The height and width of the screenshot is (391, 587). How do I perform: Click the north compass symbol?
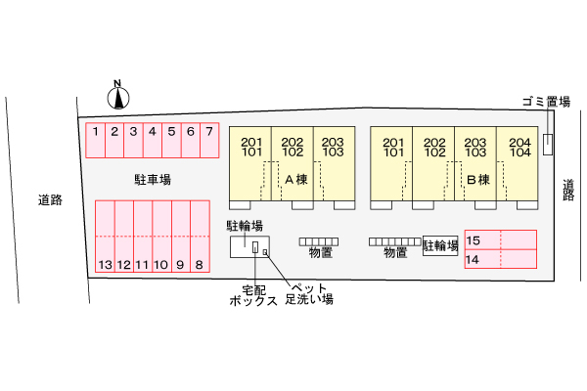pyautogui.click(x=117, y=96)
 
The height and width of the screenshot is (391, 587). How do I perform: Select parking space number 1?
pyautogui.click(x=96, y=141)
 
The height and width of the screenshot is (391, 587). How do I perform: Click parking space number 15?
pyautogui.click(x=500, y=240)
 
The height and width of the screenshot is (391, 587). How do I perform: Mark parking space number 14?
pyautogui.click(x=500, y=259)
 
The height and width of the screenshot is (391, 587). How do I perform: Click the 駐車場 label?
pyautogui.click(x=153, y=180)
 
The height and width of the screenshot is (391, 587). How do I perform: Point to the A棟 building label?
pyautogui.click(x=296, y=180)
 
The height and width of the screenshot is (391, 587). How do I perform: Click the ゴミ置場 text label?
pyautogui.click(x=546, y=101)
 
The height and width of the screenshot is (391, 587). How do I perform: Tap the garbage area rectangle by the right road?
pyautogui.click(x=548, y=143)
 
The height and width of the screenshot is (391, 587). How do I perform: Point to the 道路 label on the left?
pyautogui.click(x=51, y=200)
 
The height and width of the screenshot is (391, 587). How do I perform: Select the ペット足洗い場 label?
pyautogui.click(x=307, y=293)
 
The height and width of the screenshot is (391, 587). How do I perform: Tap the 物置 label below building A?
pyautogui.click(x=319, y=253)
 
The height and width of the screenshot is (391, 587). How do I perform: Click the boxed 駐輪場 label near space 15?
pyautogui.click(x=441, y=245)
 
